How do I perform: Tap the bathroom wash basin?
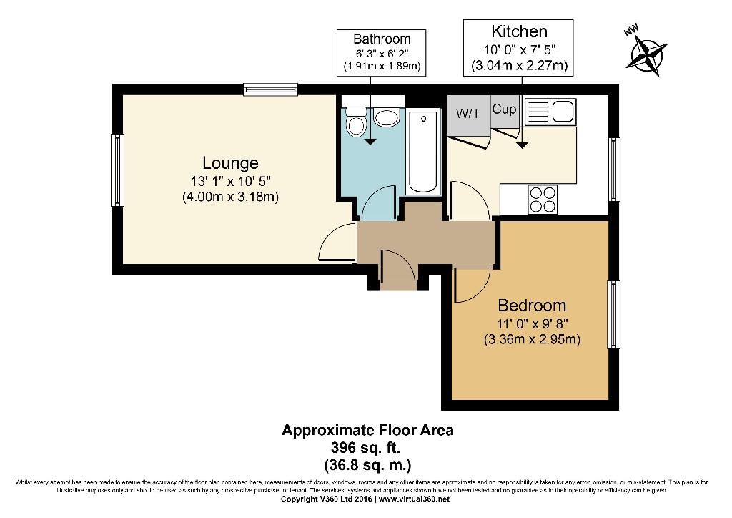click(387, 117)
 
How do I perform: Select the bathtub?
click(423, 152)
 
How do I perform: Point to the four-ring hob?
click(543, 200)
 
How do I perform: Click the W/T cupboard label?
click(468, 113)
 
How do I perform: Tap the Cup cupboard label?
click(504, 109)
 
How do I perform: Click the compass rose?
click(648, 56)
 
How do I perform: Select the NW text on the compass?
click(631, 31)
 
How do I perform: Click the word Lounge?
click(230, 163)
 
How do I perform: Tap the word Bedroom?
click(532, 306)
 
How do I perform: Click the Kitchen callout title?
click(519, 31)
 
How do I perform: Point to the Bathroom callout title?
click(382, 39)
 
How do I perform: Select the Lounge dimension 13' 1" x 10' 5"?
click(230, 181)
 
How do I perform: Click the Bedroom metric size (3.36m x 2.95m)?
click(532, 339)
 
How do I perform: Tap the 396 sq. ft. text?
click(365, 447)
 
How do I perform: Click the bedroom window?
click(613, 314)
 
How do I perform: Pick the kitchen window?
click(614, 169)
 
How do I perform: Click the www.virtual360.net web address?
click(414, 499)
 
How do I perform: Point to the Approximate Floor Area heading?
click(367, 430)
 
